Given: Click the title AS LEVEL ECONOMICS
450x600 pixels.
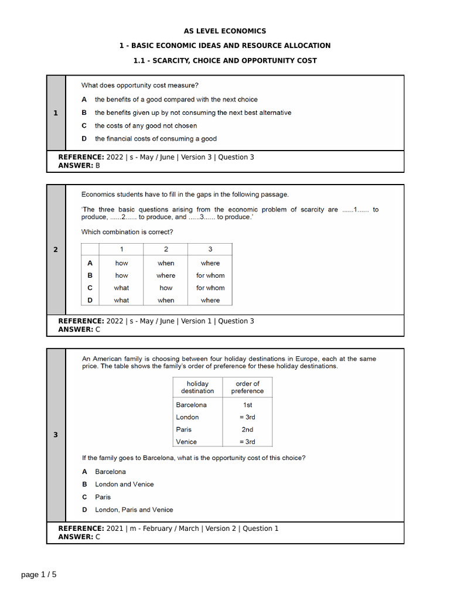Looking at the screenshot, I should pos(226,31).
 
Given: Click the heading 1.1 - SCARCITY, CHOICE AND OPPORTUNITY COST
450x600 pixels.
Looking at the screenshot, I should pos(226,60).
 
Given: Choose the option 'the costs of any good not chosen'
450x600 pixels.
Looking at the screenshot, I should pos(146,125).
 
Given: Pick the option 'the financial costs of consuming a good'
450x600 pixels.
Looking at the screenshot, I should pos(155,139).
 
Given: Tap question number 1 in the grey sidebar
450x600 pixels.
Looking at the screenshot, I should pos(56,113).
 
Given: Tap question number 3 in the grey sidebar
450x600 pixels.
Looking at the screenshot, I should pos(56,435).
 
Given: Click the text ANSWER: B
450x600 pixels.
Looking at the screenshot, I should pos(79,166).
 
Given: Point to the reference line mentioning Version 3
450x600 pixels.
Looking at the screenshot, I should pos(156,157).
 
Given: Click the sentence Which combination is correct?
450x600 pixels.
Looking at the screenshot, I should pos(127,232).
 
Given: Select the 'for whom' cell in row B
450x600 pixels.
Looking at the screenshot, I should pos(210,275).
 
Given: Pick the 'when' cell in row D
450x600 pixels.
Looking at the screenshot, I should pos(166,300).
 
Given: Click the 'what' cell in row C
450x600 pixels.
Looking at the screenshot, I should pos(121,288).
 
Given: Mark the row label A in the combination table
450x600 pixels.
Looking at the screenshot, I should pos(90,263).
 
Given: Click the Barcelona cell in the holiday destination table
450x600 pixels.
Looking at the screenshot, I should pos(191,404).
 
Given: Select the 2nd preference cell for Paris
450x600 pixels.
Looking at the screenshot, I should pos(247,429).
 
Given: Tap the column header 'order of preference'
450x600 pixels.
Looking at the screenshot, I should pos(247,387).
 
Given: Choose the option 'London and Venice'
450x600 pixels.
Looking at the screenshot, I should pos(124,484).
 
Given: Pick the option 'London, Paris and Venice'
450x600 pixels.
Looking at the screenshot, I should pos(134,510).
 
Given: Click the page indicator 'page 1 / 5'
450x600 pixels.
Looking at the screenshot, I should pos(39,575).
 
